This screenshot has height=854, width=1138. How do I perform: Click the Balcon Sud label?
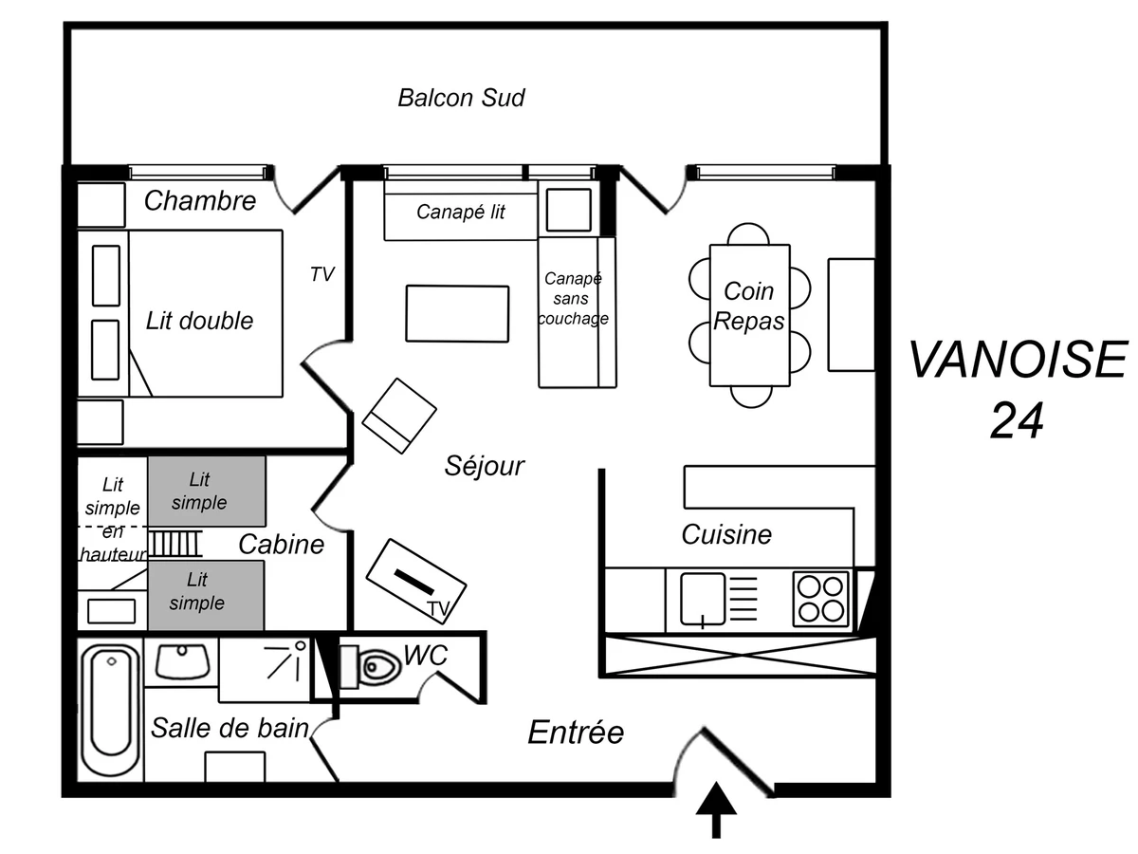(461, 98)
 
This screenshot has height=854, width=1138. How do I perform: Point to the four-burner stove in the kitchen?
(820, 599)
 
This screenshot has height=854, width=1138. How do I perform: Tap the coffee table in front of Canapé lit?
(457, 313)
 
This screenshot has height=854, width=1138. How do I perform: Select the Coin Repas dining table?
(749, 315)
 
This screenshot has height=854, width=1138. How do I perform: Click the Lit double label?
(200, 321)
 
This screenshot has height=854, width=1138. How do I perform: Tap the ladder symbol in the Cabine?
(175, 545)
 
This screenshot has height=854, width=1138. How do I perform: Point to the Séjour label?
(485, 466)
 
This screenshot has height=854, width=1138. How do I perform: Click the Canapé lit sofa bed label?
(461, 212)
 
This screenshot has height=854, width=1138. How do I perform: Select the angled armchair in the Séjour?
(400, 415)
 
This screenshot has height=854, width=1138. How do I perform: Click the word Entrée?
(576, 733)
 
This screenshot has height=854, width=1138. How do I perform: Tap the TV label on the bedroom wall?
(322, 274)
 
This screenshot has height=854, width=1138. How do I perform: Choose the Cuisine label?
(726, 534)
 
